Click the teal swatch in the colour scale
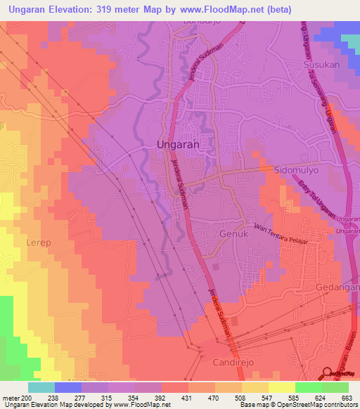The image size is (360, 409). point(41,387)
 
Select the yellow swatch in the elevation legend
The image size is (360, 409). point(281,387)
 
